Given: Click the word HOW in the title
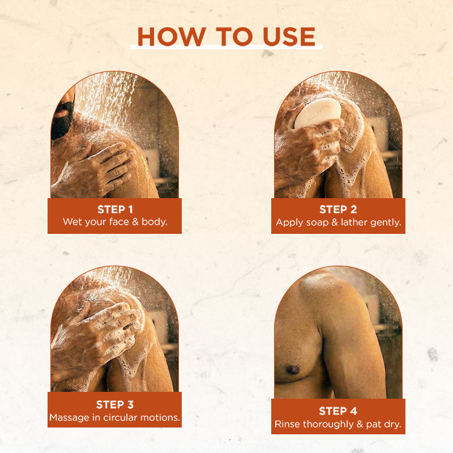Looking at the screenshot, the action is (172, 37).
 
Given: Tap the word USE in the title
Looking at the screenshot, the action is (289, 37).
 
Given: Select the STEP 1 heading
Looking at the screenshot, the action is (115, 210).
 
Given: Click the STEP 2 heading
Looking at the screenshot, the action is (338, 210).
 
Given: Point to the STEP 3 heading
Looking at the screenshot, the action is (115, 405).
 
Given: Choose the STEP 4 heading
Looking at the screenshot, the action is (338, 411).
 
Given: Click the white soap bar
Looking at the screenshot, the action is (317, 113).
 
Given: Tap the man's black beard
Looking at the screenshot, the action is (62, 121).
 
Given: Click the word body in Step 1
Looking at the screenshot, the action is (154, 222).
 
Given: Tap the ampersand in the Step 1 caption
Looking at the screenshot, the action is (135, 222).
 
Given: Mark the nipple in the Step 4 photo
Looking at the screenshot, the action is (292, 369).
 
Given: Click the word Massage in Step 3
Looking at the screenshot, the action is (69, 418).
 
